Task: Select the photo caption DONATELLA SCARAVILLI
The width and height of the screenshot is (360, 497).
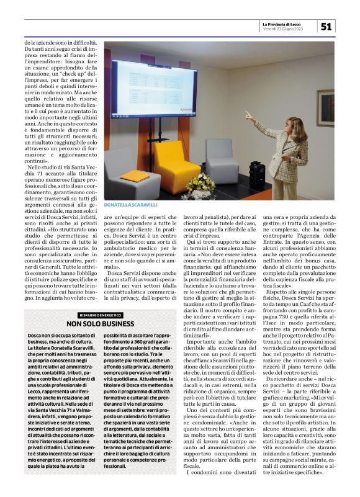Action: click(x=131, y=205)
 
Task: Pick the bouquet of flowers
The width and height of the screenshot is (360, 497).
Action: click(x=201, y=183)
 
